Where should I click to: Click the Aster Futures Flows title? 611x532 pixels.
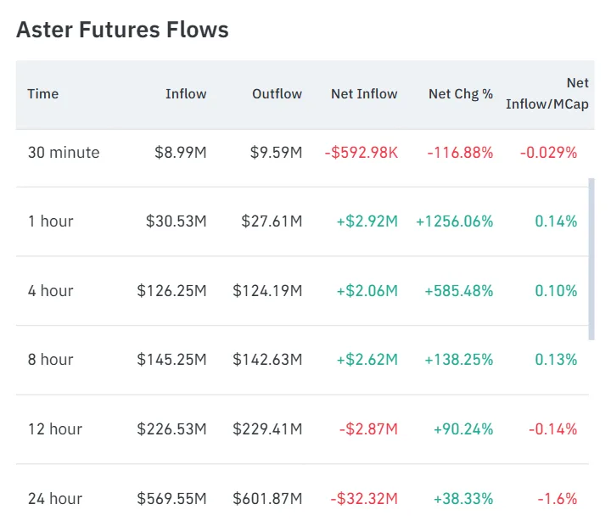[122, 31]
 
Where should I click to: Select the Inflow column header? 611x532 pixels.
[186, 94]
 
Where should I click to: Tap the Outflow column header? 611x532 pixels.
[277, 94]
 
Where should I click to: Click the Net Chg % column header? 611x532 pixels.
[460, 94]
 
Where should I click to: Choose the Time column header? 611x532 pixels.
[43, 94]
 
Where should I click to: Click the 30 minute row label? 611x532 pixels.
[64, 153]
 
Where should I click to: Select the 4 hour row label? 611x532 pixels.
[51, 291]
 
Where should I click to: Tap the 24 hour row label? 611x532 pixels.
[54, 499]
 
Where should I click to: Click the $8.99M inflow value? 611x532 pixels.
[180, 153]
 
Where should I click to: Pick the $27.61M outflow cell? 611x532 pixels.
[267, 221]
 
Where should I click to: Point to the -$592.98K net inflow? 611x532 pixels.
[361, 153]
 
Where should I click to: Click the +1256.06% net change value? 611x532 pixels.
[454, 221]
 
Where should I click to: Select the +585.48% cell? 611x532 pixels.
[458, 291]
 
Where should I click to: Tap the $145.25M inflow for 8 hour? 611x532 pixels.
[171, 360]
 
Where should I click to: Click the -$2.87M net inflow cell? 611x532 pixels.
[368, 429]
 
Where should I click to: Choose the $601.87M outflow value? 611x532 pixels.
[267, 499]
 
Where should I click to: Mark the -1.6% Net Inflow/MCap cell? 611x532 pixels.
[557, 499]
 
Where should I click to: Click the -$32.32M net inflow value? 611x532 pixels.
[364, 499]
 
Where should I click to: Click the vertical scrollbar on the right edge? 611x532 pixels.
[591, 258]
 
